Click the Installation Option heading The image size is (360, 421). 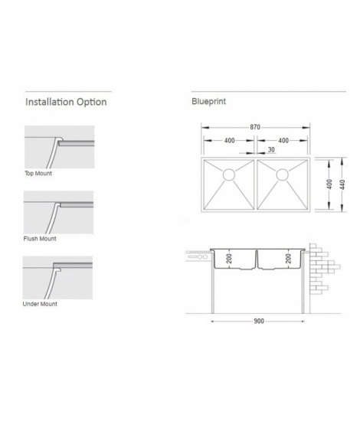[66, 102]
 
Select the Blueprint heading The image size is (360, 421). [209, 102]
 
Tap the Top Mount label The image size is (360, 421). [38, 173]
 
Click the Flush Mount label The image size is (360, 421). [40, 238]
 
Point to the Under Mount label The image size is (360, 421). [40, 304]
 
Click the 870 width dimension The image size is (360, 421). [255, 127]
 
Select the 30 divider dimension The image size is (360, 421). [271, 149]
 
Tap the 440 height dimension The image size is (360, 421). [342, 184]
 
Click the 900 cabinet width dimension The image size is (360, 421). [259, 321]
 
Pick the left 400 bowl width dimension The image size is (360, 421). [230, 140]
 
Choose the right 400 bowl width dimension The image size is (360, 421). [283, 140]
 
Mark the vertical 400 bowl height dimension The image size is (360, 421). [329, 184]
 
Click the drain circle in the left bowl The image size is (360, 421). [229, 175]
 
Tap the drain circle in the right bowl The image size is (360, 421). [283, 175]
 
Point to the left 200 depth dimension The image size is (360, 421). [229, 259]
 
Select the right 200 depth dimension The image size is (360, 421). [289, 258]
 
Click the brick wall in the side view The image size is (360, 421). [322, 269]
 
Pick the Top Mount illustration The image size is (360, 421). [60, 147]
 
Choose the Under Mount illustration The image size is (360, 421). [57, 278]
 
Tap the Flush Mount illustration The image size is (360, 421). [58, 212]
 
